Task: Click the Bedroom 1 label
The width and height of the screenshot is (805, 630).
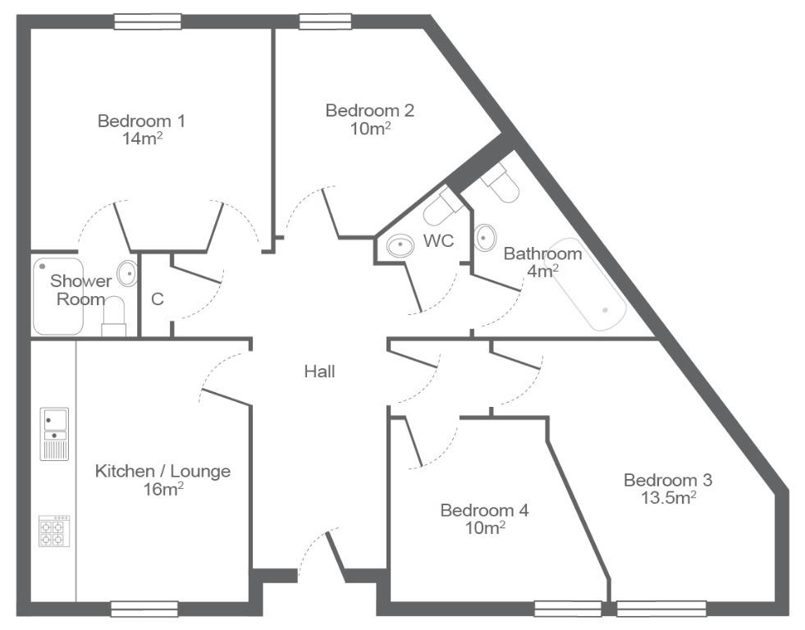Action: (x=141, y=121)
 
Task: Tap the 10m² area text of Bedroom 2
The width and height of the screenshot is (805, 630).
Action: (x=370, y=128)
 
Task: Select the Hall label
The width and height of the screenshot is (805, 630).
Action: (x=319, y=372)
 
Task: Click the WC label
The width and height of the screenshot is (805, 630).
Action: (x=438, y=240)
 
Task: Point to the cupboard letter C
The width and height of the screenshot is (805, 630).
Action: (x=157, y=299)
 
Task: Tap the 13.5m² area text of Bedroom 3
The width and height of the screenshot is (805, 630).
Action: (x=669, y=497)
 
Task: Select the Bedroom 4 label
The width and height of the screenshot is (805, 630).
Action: (x=484, y=510)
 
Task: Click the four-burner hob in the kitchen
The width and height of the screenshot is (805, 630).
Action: (x=54, y=531)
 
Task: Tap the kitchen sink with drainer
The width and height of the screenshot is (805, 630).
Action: (x=54, y=434)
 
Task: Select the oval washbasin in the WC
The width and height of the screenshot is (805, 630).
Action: (x=400, y=246)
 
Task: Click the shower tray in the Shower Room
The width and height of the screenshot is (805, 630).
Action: (x=58, y=296)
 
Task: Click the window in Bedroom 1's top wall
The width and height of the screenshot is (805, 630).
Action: (x=148, y=21)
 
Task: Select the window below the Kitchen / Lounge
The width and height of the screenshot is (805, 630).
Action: (x=144, y=609)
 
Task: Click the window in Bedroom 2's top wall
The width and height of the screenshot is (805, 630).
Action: (x=326, y=21)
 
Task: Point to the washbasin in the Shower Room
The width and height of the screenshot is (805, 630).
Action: (x=127, y=273)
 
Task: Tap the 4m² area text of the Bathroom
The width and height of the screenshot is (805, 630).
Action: (x=543, y=271)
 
